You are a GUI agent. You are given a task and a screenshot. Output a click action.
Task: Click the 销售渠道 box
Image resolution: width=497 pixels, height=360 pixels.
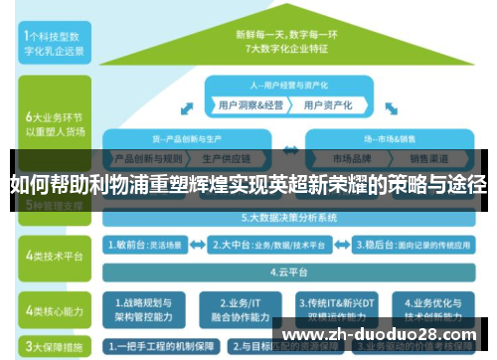(x=429, y=157)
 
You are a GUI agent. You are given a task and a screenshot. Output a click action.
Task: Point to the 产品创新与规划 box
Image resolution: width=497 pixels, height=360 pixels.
(x=147, y=157)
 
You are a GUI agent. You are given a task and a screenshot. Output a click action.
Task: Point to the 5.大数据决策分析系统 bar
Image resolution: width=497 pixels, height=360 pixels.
(x=288, y=216)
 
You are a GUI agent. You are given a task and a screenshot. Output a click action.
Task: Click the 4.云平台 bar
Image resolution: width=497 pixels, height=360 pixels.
(x=288, y=269)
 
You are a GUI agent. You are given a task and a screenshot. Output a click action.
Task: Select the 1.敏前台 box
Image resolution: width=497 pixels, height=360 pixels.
(x=152, y=242)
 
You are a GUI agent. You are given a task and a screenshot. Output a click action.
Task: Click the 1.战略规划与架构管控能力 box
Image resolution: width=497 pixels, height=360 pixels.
(x=149, y=307)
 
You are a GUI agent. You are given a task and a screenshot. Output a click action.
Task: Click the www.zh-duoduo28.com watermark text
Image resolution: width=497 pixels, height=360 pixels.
(x=378, y=334)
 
